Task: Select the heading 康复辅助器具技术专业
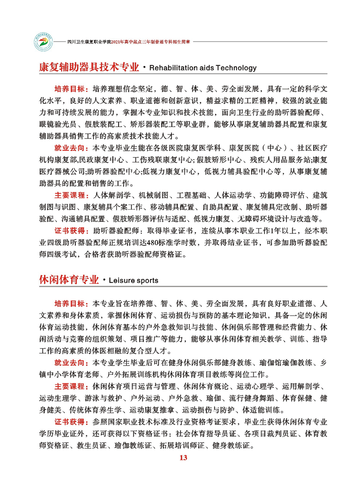(x=89, y=68)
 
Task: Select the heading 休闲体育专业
(x=69, y=280)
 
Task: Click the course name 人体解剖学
(x=110, y=196)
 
